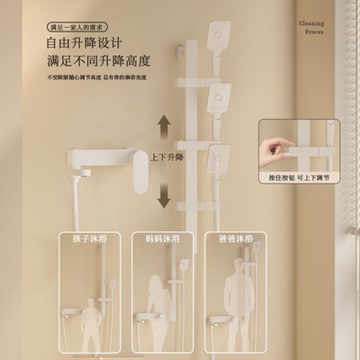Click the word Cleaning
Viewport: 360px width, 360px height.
pyautogui.click(x=318, y=25)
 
